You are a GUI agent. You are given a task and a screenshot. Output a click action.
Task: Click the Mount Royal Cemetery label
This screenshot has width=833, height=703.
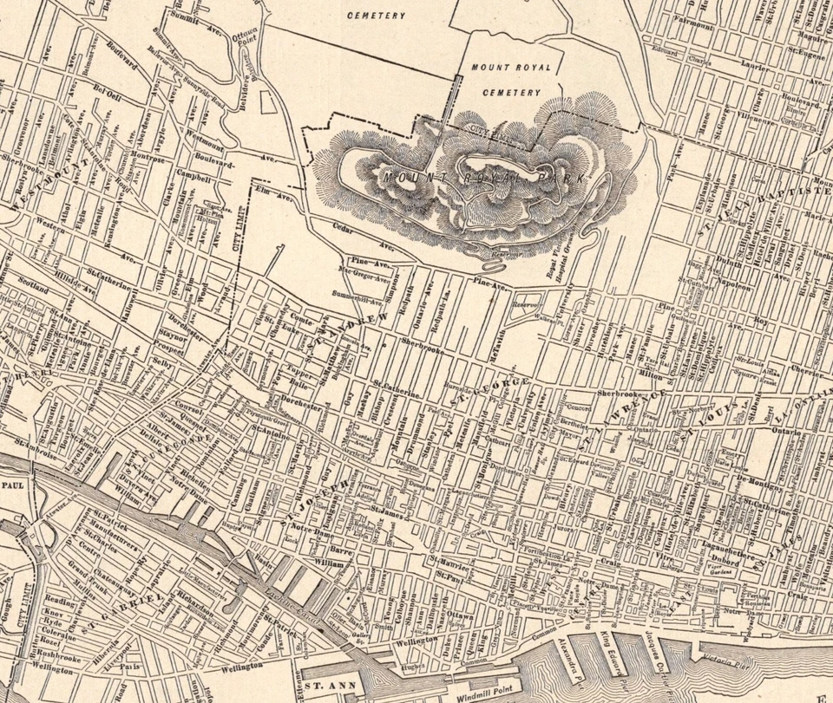click(505, 79)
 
